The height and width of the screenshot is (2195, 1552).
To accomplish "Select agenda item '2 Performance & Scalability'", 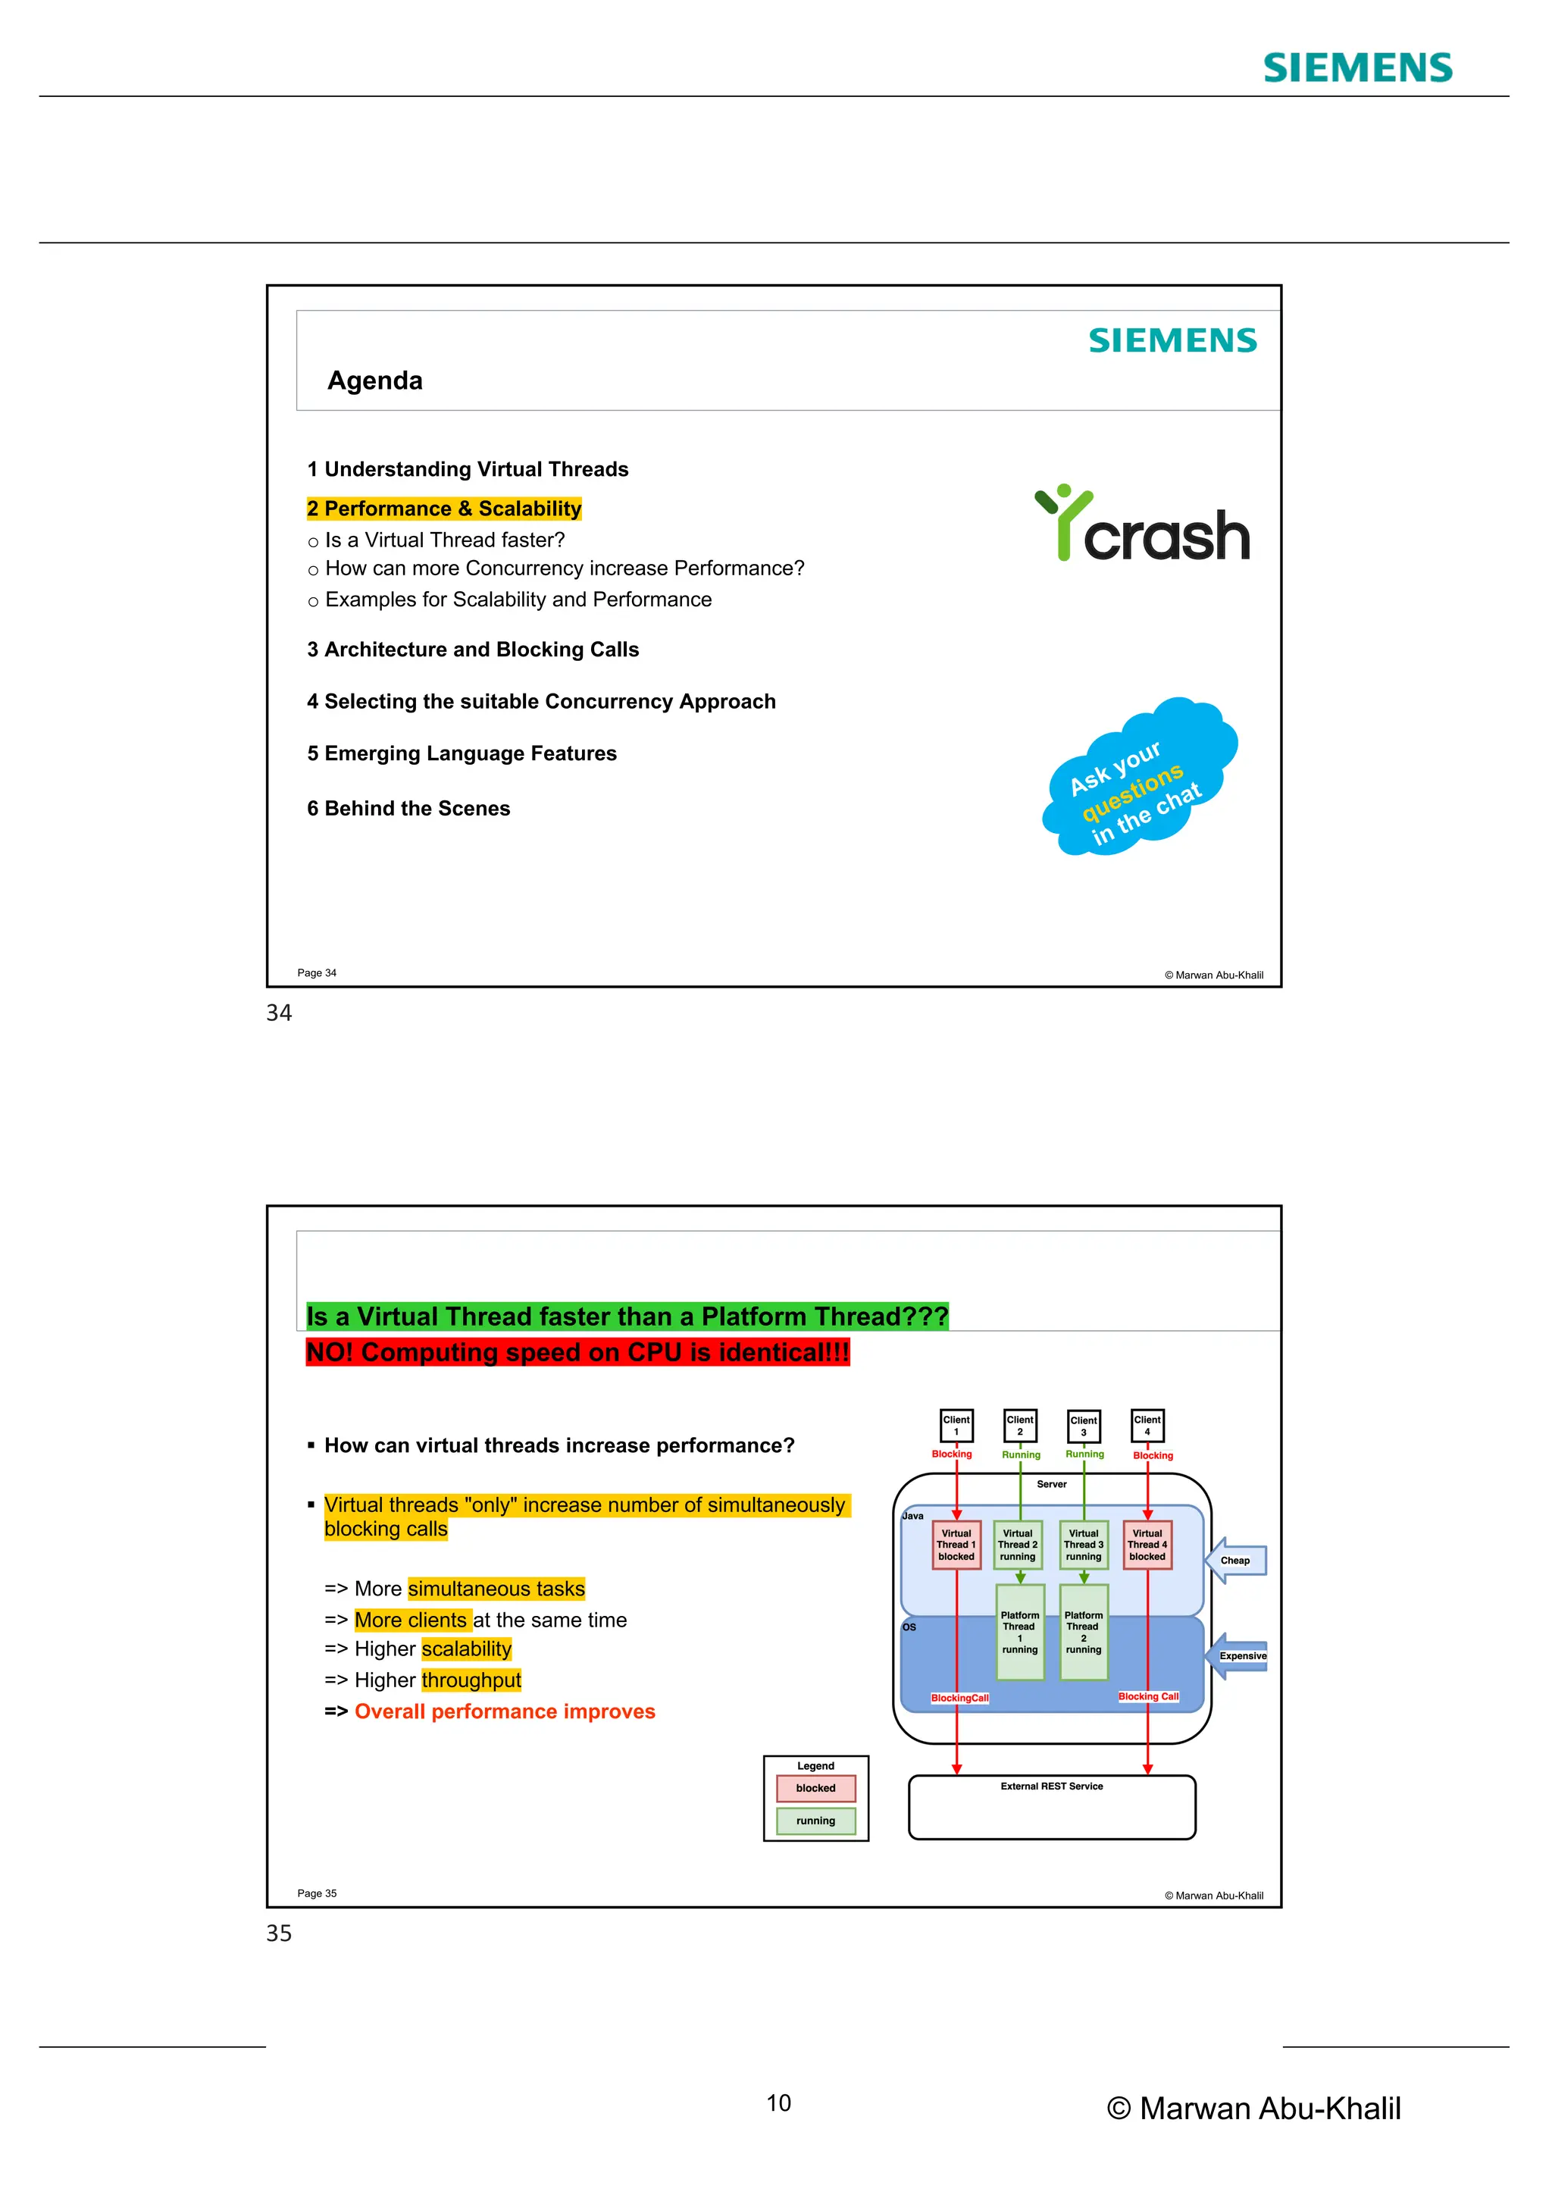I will (x=443, y=509).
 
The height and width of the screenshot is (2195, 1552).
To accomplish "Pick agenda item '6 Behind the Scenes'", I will (x=408, y=809).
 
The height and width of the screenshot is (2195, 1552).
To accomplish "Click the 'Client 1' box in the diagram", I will (x=956, y=1426).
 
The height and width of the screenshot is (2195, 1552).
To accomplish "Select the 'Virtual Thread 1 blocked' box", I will (x=956, y=1545).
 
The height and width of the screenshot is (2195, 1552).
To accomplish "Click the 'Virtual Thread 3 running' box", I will (x=1083, y=1545).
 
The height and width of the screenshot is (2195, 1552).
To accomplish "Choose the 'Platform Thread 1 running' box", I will (x=1020, y=1632).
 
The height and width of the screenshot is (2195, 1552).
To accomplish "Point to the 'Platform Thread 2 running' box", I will (x=1083, y=1632).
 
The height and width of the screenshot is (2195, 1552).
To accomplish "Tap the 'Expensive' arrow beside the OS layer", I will (x=1240, y=1656).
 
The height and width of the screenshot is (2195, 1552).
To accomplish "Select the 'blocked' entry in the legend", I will (x=815, y=1788).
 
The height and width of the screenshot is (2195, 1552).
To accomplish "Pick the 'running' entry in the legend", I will (x=815, y=1821).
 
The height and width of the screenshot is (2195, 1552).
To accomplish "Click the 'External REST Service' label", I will (x=1051, y=1786).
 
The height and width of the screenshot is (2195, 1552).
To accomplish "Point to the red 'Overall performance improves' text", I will (x=505, y=1711).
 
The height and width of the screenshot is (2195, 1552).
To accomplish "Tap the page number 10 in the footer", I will (x=778, y=2103).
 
